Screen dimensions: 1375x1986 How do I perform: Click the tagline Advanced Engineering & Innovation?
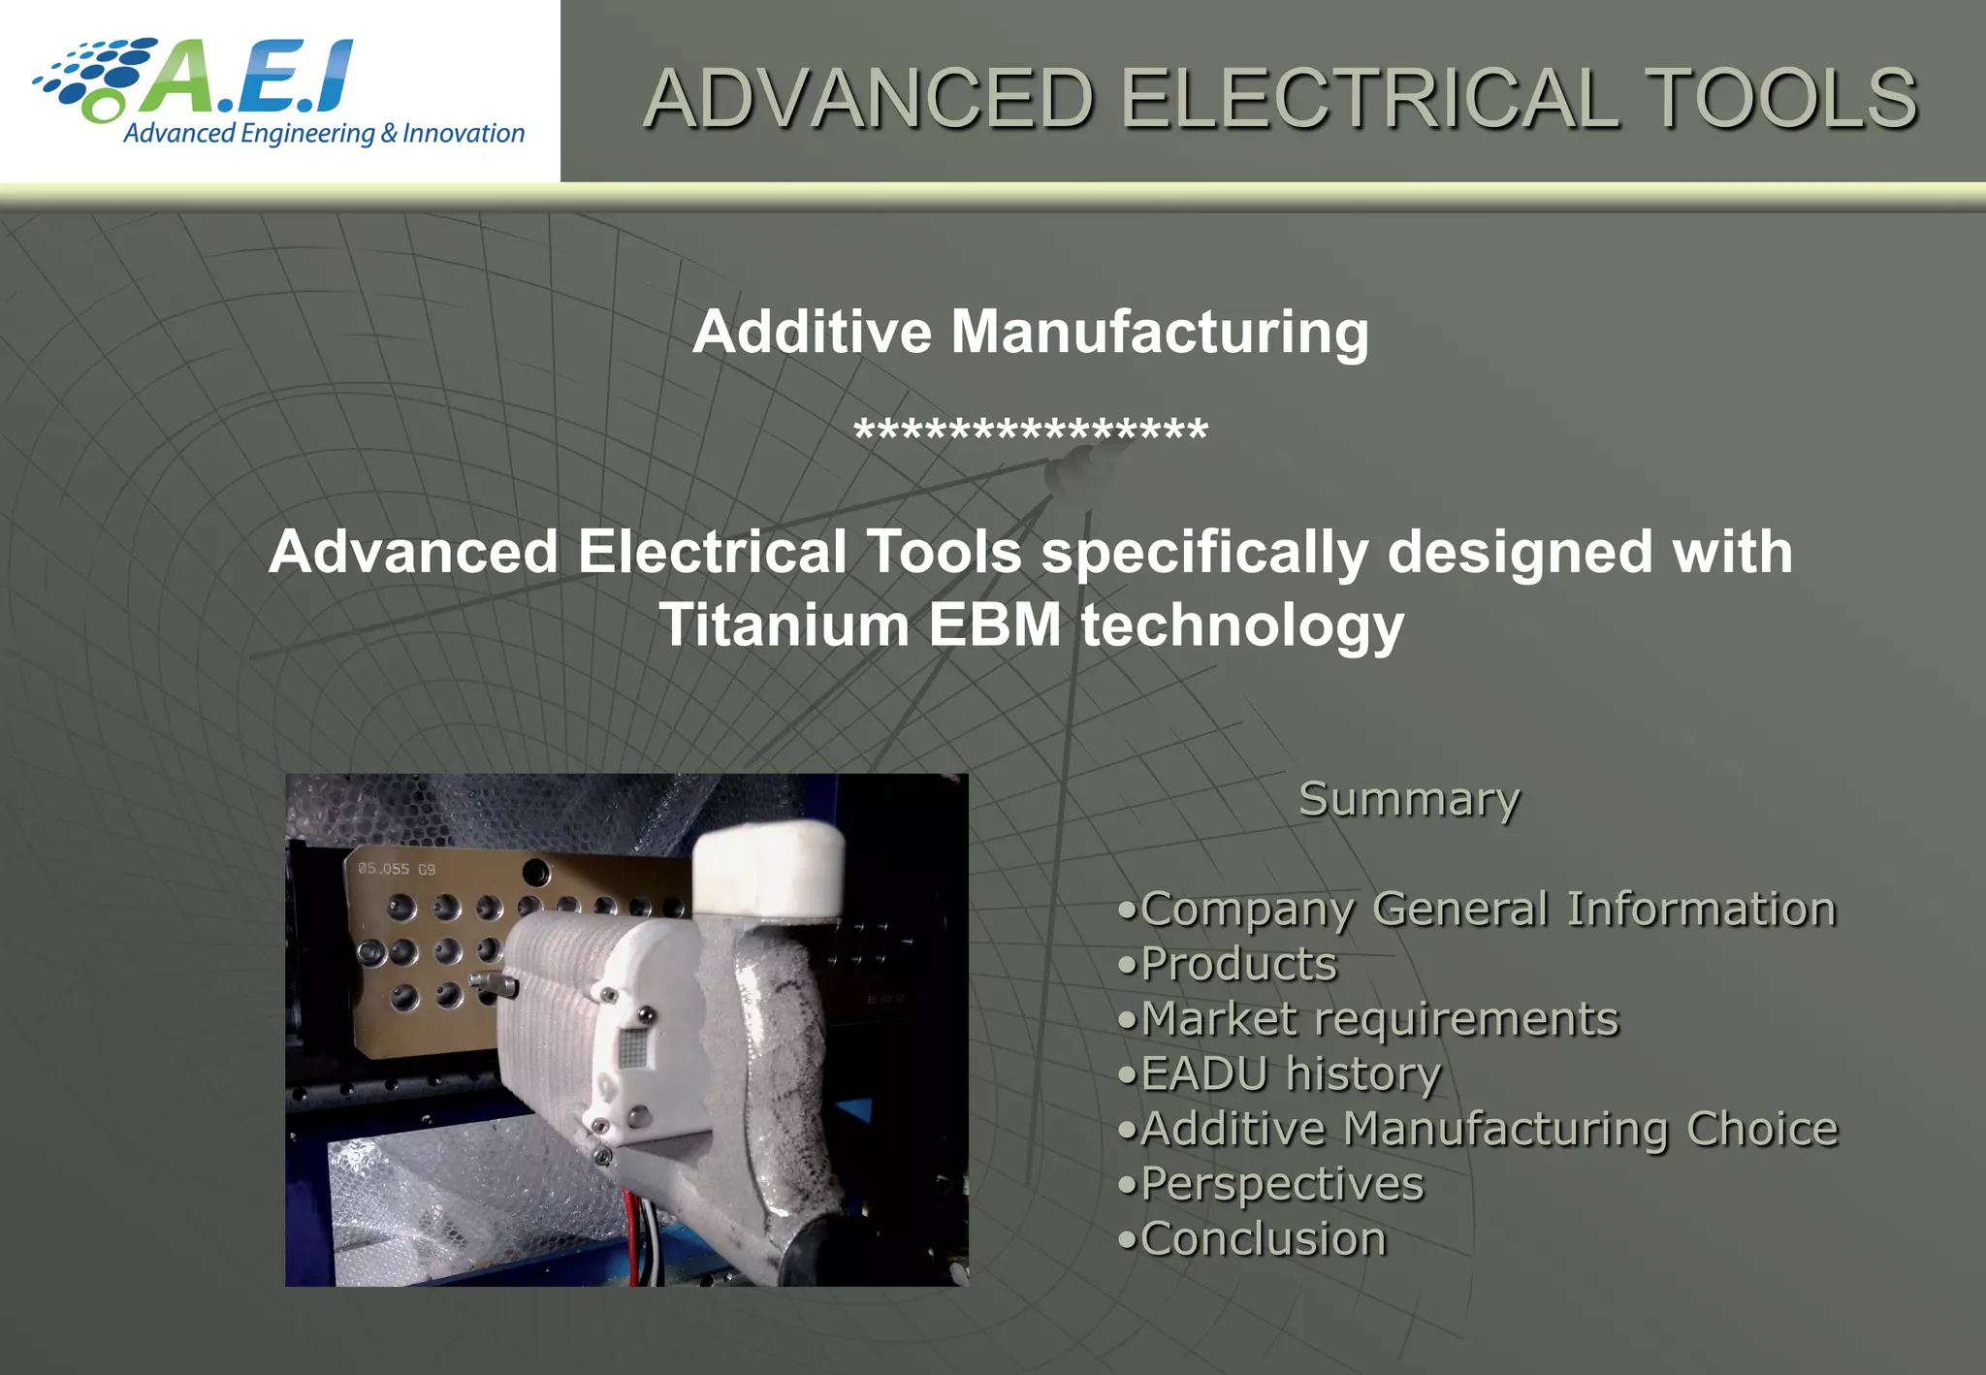point(324,134)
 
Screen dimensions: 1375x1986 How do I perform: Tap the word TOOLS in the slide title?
point(1782,99)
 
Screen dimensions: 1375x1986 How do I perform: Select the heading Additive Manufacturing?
point(1030,333)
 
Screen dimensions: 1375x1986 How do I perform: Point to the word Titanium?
point(784,624)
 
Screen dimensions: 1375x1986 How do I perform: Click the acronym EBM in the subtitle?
point(995,624)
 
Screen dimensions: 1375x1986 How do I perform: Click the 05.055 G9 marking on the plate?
point(397,869)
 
